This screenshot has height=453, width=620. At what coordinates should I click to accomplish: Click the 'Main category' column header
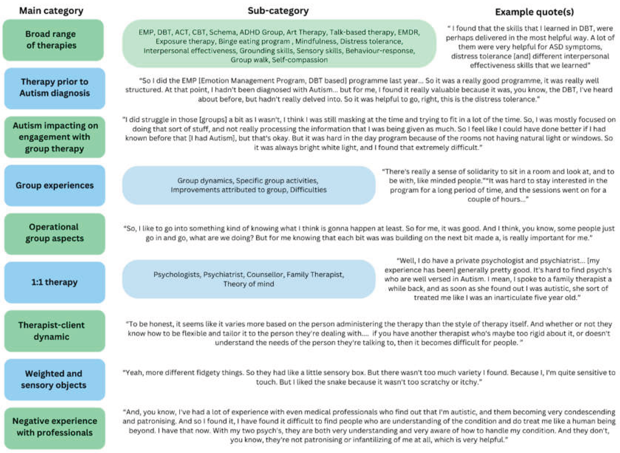point(51,11)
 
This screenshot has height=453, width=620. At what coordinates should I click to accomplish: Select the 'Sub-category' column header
point(278,11)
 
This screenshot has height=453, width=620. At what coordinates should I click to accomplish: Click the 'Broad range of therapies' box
point(53,40)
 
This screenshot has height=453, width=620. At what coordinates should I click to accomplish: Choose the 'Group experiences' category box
point(55,185)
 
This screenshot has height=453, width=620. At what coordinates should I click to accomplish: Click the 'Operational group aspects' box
point(55,233)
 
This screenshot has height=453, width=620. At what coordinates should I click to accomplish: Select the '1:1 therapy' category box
point(55,282)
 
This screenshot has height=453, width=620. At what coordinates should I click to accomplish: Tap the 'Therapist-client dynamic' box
point(55,331)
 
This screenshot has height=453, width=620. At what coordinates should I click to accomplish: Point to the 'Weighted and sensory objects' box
point(55,379)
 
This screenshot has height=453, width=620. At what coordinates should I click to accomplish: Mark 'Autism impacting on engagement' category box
point(55,137)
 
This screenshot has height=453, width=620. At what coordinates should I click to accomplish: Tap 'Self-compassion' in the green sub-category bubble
point(300,60)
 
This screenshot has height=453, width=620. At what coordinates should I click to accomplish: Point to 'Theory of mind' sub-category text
point(249,284)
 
